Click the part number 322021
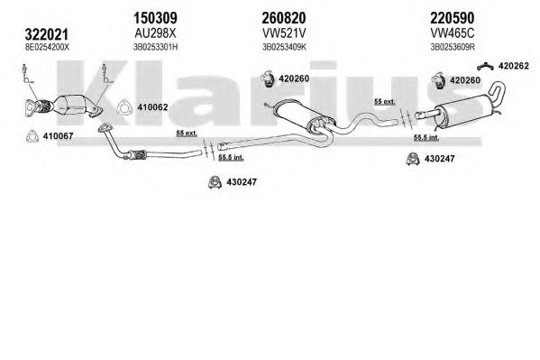pyautogui.click(x=47, y=34)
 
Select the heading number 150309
pyautogui.click(x=155, y=17)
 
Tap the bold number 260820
pyautogui.click(x=284, y=17)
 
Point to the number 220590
pyautogui.click(x=453, y=17)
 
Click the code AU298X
pyautogui.click(x=155, y=33)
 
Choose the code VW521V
pyautogui.click(x=284, y=33)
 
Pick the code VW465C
pyautogui.click(x=453, y=33)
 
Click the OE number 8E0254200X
pyautogui.click(x=47, y=47)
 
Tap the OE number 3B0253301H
pyautogui.click(x=156, y=47)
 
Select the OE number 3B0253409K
pyautogui.click(x=284, y=47)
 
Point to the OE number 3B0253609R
pyautogui.click(x=453, y=47)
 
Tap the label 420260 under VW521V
pyautogui.click(x=294, y=78)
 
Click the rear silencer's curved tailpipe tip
pyautogui.click(x=499, y=87)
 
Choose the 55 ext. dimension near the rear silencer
pyautogui.click(x=385, y=101)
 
